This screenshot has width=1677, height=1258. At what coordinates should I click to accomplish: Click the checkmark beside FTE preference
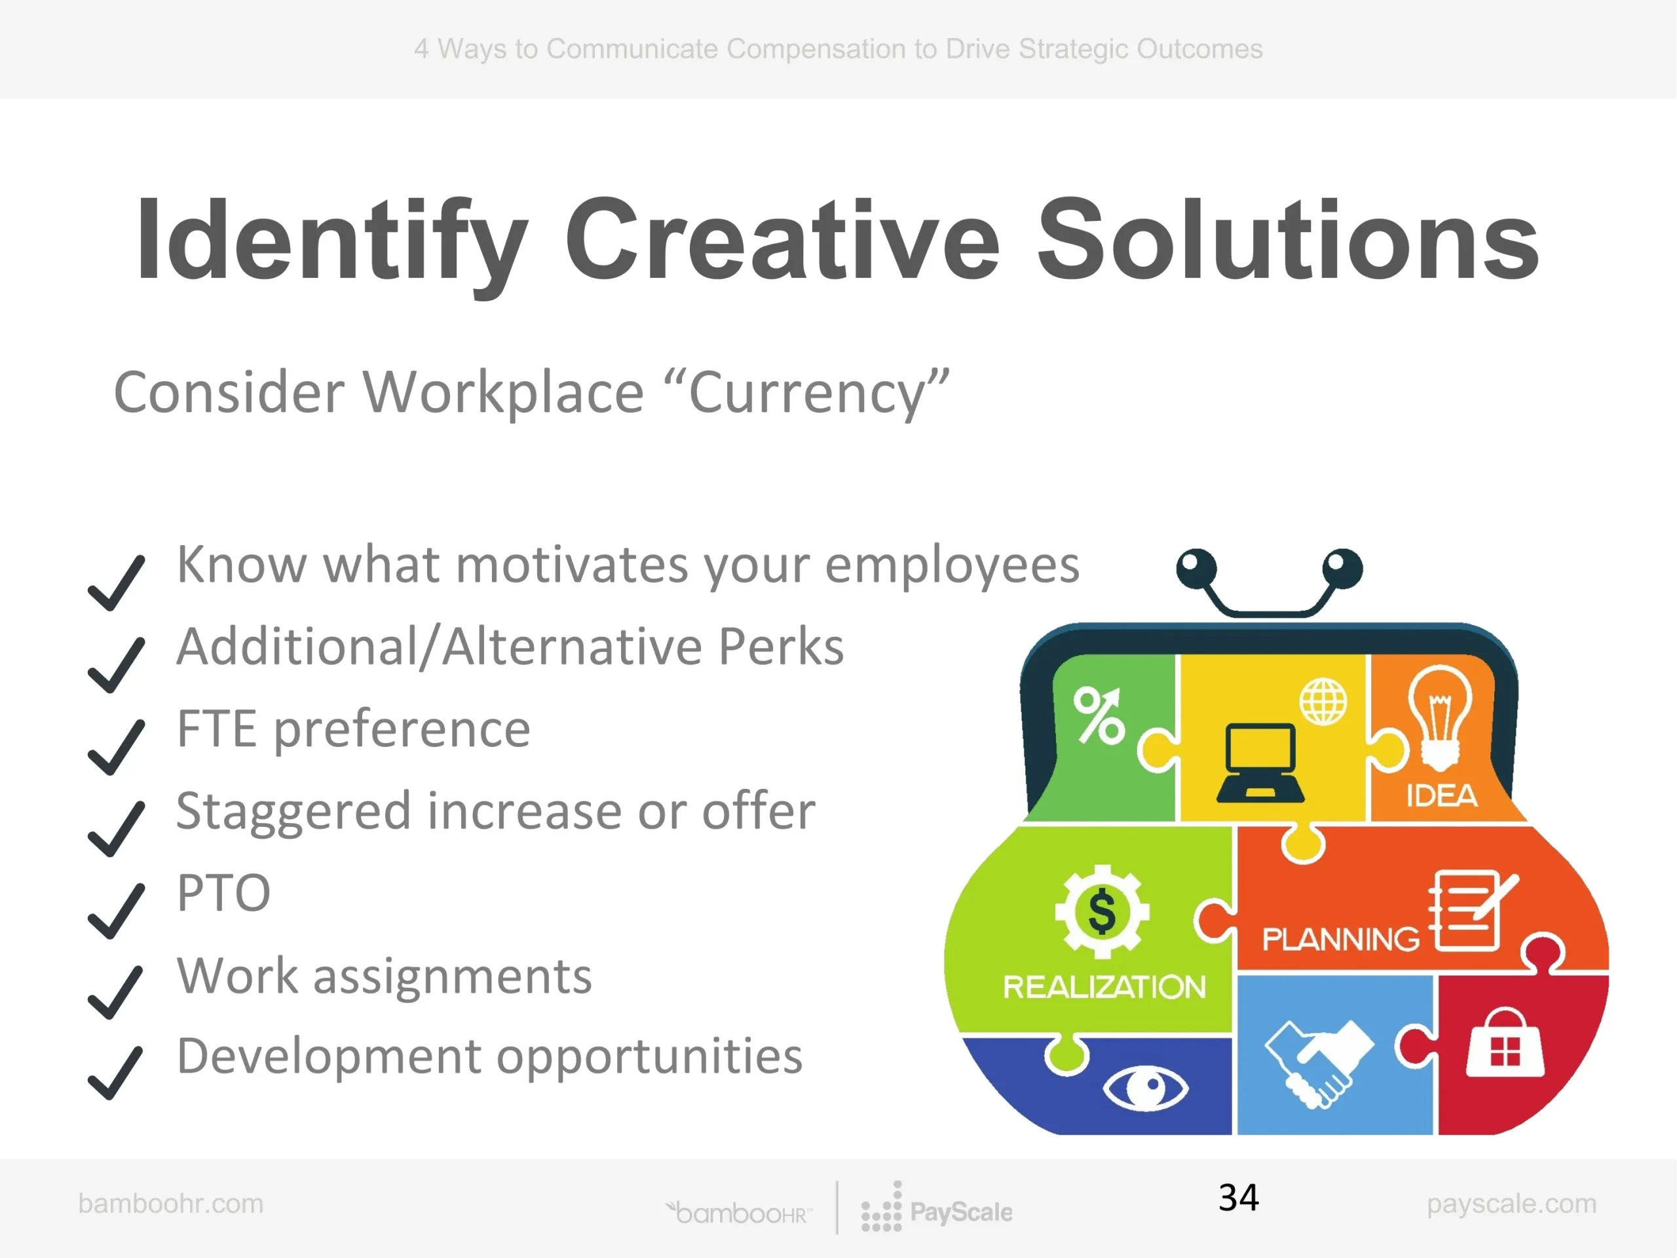pos(116,747)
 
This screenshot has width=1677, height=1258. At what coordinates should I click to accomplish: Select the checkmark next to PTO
pos(116,911)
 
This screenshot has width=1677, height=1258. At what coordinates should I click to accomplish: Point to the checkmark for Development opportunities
pos(116,1073)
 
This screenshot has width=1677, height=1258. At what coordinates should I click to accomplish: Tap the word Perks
pos(781,647)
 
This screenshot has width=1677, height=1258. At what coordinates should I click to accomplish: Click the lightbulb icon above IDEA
pos(1440,717)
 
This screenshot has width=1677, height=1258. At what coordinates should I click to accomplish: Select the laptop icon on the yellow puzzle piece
pos(1260,763)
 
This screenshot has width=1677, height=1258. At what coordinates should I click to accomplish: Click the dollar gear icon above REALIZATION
pos(1102,911)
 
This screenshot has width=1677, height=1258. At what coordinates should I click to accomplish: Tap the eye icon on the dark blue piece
pos(1146,1088)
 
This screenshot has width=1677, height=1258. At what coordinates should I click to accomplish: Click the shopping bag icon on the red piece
pos(1505,1042)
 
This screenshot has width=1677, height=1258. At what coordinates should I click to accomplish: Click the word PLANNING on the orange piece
pos(1340,940)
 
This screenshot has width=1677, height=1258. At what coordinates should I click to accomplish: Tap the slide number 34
pos(1239,1198)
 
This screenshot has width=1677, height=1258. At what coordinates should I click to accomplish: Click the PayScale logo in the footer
pos(936,1206)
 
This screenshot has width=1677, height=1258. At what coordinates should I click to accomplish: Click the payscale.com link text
pos(1512,1204)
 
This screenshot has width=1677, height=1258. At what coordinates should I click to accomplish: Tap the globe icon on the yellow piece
pos(1324,702)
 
